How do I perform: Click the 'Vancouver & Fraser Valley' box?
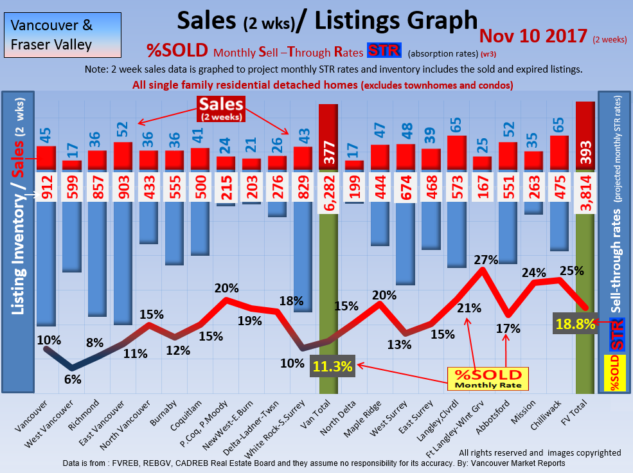(x=52, y=35)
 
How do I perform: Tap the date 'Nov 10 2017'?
(x=533, y=36)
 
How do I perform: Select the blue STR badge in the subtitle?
(x=384, y=51)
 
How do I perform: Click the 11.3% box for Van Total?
(x=333, y=366)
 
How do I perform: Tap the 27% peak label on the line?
(x=486, y=260)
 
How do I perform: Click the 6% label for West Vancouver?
(x=73, y=379)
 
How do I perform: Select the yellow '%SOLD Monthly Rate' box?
(x=487, y=379)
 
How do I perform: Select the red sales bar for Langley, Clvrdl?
(x=456, y=153)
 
